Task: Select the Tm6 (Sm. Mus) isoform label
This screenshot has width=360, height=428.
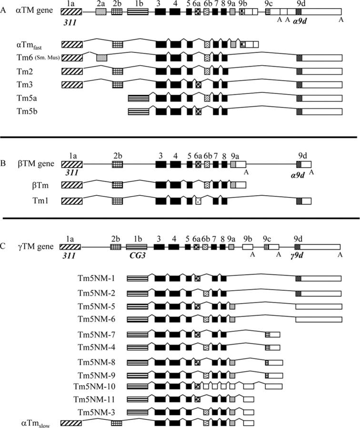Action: point(37,58)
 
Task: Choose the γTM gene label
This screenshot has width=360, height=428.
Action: point(30,247)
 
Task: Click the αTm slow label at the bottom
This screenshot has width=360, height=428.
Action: point(36,422)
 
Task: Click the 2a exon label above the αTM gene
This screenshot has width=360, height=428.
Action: point(100,3)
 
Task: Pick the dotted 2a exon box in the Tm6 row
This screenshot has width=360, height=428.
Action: point(101,58)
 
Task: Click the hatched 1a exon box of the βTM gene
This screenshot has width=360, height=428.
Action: point(72,164)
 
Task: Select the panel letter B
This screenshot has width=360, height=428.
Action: point(4,164)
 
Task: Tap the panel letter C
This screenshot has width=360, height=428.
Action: point(4,247)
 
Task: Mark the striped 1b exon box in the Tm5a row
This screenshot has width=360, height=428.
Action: point(138,98)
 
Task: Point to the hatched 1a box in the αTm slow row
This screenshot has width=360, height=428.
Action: point(71,422)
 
